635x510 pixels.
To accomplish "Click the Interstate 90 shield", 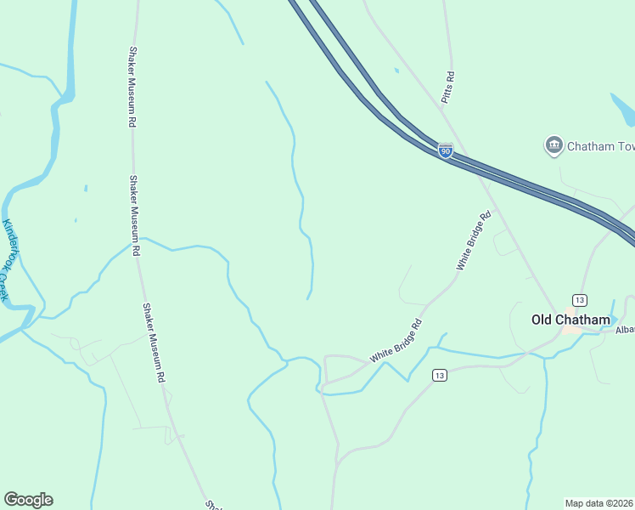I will point(446,151).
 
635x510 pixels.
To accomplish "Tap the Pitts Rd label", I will point(448,88).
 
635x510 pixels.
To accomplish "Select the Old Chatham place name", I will point(570,320).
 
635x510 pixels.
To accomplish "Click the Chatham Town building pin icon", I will point(554,145).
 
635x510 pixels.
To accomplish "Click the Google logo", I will point(28,500).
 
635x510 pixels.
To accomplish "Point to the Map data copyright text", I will point(599,502).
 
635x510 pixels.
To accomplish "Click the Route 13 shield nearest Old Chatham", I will point(580,300).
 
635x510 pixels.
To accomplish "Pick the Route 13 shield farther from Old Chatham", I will point(439,375).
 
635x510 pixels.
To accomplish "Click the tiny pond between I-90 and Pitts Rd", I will point(396,70).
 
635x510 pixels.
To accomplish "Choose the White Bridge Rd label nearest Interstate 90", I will point(474,241).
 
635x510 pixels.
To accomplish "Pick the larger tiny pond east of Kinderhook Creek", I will point(86,187).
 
